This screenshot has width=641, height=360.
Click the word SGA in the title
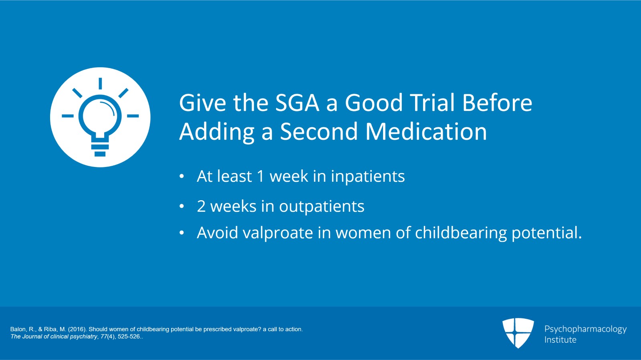click(x=297, y=103)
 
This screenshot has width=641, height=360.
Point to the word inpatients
click(x=368, y=177)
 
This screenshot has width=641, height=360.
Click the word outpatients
click(x=322, y=207)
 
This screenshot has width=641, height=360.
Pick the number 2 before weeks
click(x=201, y=206)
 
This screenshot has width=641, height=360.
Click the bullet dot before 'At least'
click(x=182, y=176)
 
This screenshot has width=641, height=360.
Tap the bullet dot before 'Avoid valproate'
click(x=182, y=233)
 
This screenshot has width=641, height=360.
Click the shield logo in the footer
click(x=518, y=332)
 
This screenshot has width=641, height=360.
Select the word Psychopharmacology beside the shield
click(x=585, y=329)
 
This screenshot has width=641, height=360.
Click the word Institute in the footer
click(x=560, y=340)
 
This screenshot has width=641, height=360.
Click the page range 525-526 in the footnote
click(x=129, y=336)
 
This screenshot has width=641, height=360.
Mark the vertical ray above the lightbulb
click(x=101, y=84)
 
